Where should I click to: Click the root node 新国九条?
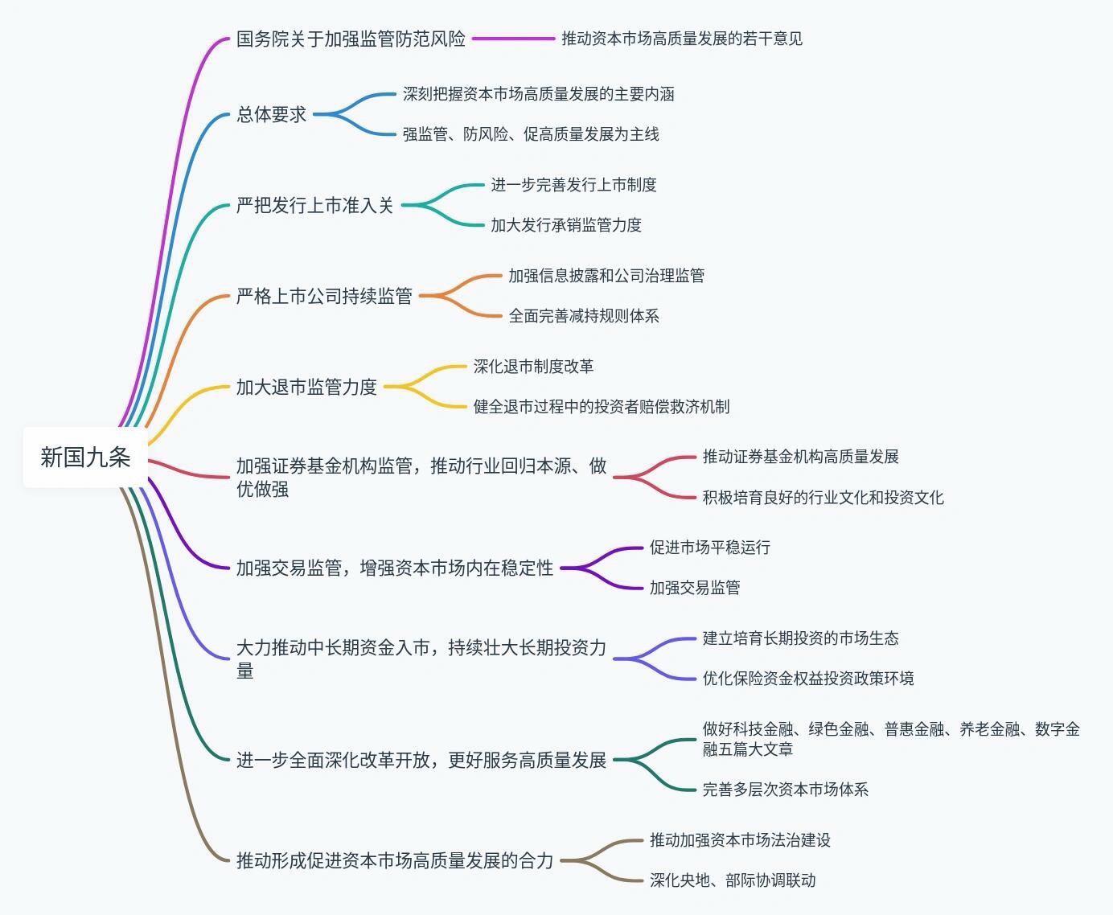tap(85, 457)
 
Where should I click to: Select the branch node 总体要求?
tap(271, 115)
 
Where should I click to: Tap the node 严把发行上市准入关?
tap(314, 206)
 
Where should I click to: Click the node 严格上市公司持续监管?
tap(323, 297)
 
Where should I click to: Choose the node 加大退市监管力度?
tap(306, 388)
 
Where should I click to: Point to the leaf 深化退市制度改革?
tap(533, 367)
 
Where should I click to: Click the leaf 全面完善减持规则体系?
tap(583, 316)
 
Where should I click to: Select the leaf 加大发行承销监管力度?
tap(566, 225)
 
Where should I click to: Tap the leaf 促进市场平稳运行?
tap(709, 548)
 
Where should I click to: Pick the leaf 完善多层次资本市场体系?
tap(785, 790)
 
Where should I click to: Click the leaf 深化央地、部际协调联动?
tap(732, 880)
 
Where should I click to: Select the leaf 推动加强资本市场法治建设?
tap(740, 840)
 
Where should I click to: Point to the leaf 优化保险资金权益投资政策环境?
tap(807, 679)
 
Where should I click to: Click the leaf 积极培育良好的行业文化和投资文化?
tap(823, 498)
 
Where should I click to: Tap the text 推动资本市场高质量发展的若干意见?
tap(681, 39)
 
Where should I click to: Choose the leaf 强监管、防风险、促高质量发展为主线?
tap(531, 134)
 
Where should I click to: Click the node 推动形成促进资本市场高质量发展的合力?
tap(394, 861)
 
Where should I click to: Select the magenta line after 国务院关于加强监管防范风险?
tap(513, 39)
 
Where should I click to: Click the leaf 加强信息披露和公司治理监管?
tap(606, 276)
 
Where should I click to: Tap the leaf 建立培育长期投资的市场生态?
tap(800, 638)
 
